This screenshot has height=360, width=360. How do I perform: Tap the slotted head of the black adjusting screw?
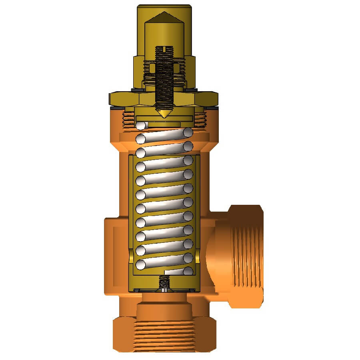pyautogui.click(x=164, y=50)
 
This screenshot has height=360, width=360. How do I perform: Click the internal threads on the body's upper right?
pyautogui.click(x=200, y=119)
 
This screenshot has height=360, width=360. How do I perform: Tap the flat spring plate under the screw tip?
pyautogui.click(x=164, y=119)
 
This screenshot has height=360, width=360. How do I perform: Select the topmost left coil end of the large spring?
pyautogui.click(x=140, y=126)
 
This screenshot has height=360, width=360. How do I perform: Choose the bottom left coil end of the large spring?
pyautogui.click(x=140, y=264)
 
